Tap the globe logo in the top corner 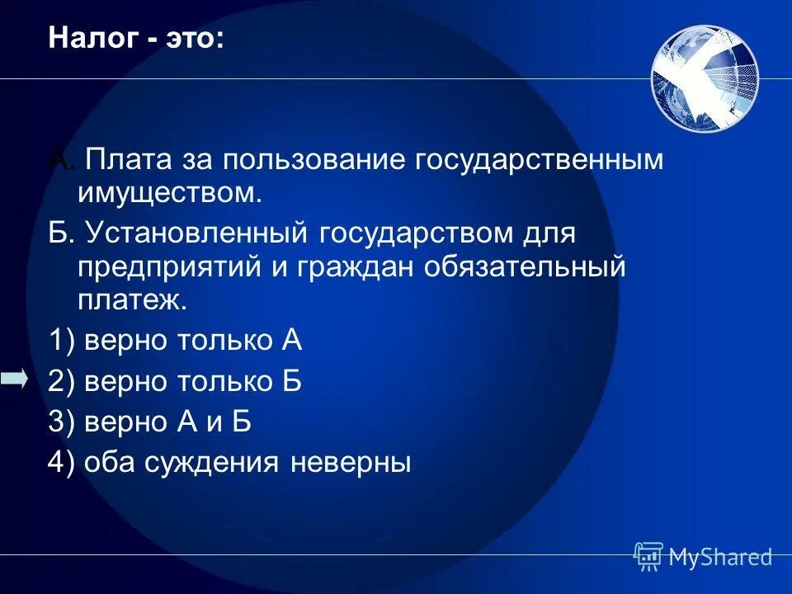point(704,78)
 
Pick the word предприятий point(163,266)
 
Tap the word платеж point(132,300)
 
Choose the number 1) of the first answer point(62,340)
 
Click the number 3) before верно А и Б point(62,422)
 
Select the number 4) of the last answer point(62,462)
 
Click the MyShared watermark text point(720,557)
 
